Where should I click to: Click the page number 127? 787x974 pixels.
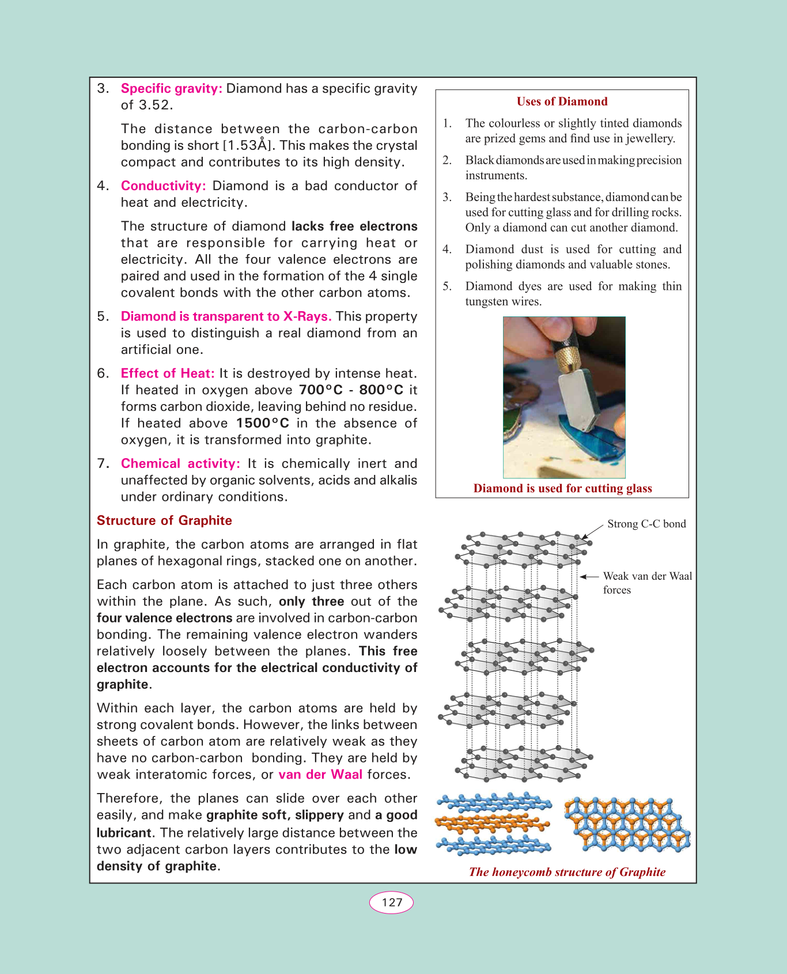tap(391, 903)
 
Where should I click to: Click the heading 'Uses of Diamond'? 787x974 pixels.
tap(562, 101)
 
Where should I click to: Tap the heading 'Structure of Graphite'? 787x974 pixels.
tap(164, 520)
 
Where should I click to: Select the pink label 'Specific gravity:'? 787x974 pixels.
tap(171, 89)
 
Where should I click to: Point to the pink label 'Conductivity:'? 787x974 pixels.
tap(163, 186)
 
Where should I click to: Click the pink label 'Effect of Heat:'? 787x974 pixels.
tap(167, 373)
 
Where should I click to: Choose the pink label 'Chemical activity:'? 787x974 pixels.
tap(180, 464)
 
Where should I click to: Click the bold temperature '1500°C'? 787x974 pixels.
tap(263, 424)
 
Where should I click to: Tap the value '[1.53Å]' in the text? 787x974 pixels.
tap(248, 146)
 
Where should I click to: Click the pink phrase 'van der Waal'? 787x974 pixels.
tap(320, 775)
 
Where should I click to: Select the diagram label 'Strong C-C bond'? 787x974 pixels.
tap(646, 524)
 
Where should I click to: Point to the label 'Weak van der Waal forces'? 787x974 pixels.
tap(646, 583)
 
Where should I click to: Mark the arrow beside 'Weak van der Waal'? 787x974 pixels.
tap(589, 576)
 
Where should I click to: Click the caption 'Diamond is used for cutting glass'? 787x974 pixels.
tap(562, 489)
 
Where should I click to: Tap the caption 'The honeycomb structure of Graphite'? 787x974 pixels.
tap(567, 872)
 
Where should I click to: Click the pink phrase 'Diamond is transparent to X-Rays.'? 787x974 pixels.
tap(226, 317)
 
